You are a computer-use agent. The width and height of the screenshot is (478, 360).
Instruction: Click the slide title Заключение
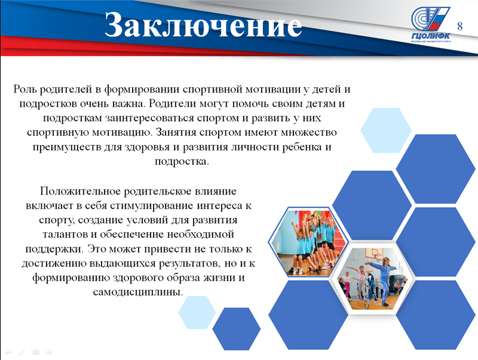[x=203, y=26]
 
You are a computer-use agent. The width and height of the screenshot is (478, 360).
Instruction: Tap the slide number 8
[x=459, y=26]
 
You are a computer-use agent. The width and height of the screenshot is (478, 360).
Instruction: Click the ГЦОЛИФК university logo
[x=430, y=24]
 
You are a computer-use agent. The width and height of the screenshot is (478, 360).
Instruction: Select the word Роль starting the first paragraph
[x=25, y=89]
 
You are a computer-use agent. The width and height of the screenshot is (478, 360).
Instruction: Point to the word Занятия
[x=175, y=133]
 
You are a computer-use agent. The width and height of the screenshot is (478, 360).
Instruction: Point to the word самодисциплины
[x=138, y=292]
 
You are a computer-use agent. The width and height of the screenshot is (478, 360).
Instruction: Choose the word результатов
[x=189, y=263]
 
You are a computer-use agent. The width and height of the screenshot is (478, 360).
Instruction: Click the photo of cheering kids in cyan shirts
[x=308, y=242]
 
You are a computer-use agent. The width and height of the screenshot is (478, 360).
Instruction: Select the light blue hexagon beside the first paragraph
[x=386, y=130]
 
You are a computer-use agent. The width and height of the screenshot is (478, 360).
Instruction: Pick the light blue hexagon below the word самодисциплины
[x=197, y=312]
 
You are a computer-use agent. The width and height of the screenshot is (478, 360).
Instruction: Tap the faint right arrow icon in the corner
[x=49, y=352]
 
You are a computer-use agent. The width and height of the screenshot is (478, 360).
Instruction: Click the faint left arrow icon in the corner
[x=8, y=352]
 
